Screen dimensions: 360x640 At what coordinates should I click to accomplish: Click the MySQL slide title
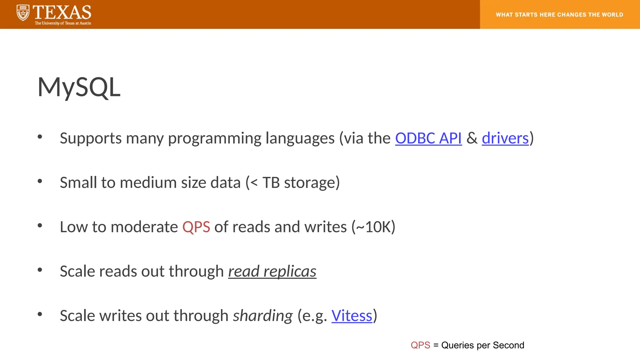tap(79, 87)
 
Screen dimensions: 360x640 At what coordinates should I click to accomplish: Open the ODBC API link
tap(428, 138)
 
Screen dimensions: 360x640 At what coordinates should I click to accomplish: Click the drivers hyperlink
tap(505, 138)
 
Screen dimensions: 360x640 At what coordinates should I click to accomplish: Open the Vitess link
tap(352, 316)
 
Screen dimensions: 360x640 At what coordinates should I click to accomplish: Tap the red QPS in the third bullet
tap(196, 227)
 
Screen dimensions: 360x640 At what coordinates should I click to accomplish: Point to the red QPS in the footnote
tap(420, 345)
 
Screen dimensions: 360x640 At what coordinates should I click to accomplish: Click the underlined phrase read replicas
tap(272, 271)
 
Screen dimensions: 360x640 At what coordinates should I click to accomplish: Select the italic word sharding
tap(263, 316)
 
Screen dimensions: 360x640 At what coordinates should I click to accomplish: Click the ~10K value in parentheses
tap(373, 227)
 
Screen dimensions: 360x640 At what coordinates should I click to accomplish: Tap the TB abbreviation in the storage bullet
tap(271, 182)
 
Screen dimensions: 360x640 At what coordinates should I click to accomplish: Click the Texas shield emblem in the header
tap(23, 13)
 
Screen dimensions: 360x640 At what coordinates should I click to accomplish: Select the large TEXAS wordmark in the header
tap(62, 12)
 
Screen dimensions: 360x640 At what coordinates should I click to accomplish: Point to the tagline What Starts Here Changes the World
tap(559, 15)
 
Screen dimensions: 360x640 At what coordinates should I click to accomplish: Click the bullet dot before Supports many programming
tap(40, 137)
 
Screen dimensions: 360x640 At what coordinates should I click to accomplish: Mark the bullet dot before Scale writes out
tap(40, 314)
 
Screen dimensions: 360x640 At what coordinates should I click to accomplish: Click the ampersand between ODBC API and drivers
tap(472, 138)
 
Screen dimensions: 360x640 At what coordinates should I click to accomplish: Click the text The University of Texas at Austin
tap(63, 23)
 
